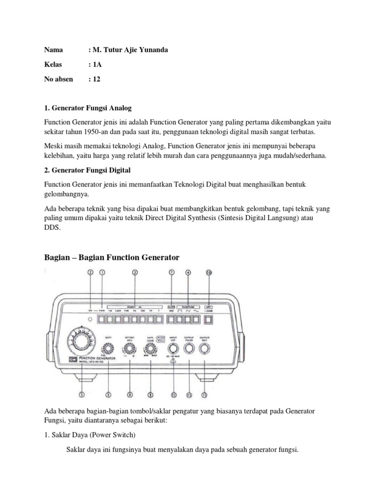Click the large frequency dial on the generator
tap(82, 342)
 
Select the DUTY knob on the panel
tap(109, 348)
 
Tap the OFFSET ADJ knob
tap(130, 349)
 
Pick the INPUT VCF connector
tap(173, 349)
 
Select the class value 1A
tap(97, 64)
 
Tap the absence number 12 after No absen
tap(97, 79)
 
